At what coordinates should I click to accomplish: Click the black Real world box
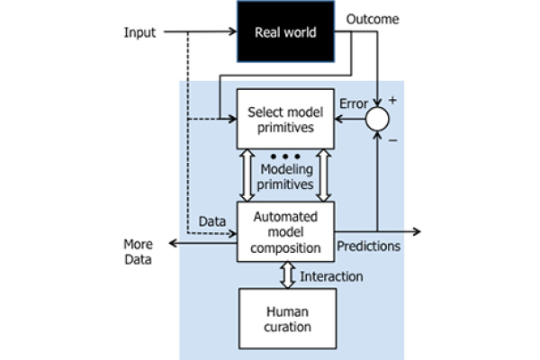pos(285,31)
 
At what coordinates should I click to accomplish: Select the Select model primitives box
pos(285,119)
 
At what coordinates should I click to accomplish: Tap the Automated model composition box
pos(285,231)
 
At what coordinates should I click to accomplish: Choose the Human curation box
pos(288,319)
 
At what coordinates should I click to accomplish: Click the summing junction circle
pos(377,119)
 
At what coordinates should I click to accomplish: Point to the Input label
pos(139,32)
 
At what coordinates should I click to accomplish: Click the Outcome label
pos(373,19)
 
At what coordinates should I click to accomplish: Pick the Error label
pos(354,103)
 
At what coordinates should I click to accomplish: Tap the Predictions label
pos(368,246)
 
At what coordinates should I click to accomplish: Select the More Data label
pos(138,252)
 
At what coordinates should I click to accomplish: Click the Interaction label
pos(331,276)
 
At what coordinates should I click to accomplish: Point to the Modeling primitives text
pos(285,176)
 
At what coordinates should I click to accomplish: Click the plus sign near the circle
pos(392,100)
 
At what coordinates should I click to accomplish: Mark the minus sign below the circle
pos(393,140)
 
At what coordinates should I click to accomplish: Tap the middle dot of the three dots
pos(285,157)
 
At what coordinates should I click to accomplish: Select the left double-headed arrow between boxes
pos(247,175)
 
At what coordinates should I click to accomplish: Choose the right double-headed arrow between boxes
pos(324,175)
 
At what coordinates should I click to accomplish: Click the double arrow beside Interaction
pos(288,275)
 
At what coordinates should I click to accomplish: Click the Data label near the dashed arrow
pos(212,221)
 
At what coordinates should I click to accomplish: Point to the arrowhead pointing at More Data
pos(173,243)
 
